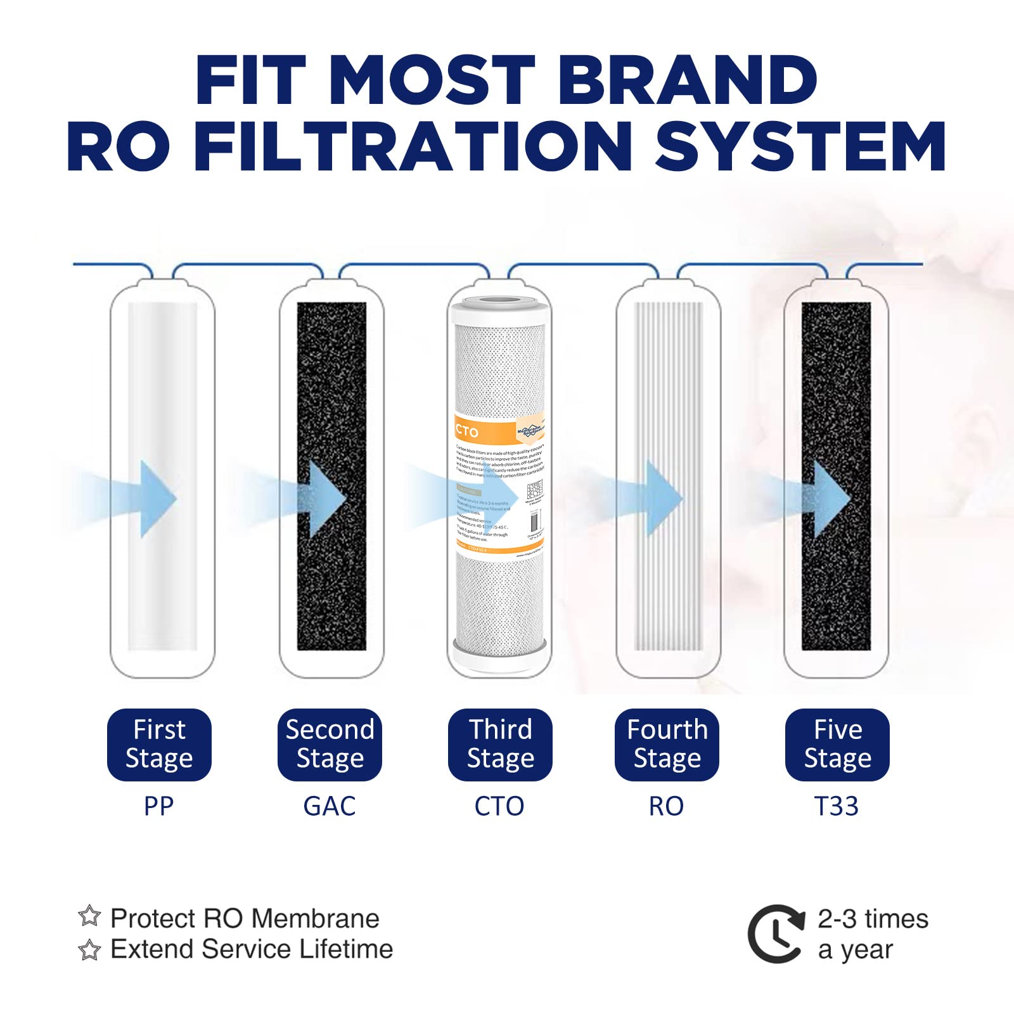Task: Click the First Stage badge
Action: (159, 744)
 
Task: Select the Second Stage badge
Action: (330, 744)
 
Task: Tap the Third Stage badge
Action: (500, 744)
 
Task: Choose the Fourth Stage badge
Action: (667, 744)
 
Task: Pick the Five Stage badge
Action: (837, 744)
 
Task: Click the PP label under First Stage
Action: (158, 806)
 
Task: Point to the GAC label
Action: (330, 806)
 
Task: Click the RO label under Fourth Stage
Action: (666, 806)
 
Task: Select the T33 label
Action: (837, 806)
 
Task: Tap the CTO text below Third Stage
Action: (499, 806)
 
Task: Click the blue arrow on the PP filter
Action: (155, 499)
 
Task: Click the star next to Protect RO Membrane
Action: (89, 916)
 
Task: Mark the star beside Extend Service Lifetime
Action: (89, 949)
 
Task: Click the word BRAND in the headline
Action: (688, 80)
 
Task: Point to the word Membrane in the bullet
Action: (319, 918)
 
